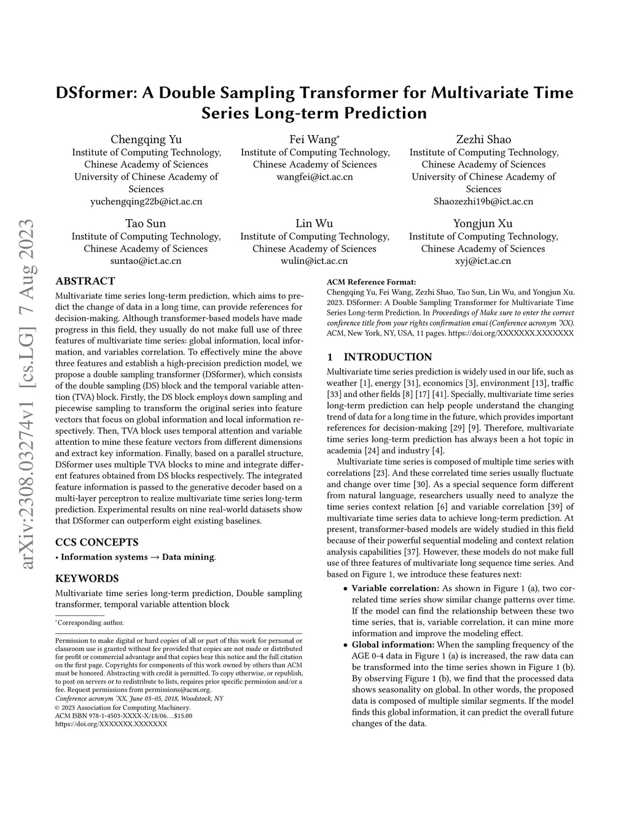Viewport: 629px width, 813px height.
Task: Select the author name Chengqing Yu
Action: (x=146, y=139)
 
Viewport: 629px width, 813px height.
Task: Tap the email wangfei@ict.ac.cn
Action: (x=315, y=177)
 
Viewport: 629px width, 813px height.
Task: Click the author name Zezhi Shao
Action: (x=483, y=139)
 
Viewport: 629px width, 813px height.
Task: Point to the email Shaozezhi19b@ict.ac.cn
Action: (x=483, y=201)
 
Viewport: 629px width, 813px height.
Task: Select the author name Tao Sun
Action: (x=146, y=223)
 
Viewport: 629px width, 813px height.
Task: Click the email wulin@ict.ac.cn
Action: (x=314, y=261)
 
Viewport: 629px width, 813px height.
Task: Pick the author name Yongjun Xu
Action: (x=483, y=223)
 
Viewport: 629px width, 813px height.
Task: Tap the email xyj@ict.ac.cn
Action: (x=483, y=261)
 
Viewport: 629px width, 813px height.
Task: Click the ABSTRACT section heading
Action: (x=85, y=281)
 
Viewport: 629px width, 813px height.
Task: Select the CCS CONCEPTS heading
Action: (x=96, y=542)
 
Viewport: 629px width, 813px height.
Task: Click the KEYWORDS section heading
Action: (x=87, y=579)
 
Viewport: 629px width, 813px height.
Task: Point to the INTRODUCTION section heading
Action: (x=387, y=357)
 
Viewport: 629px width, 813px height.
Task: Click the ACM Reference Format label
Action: (x=371, y=282)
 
